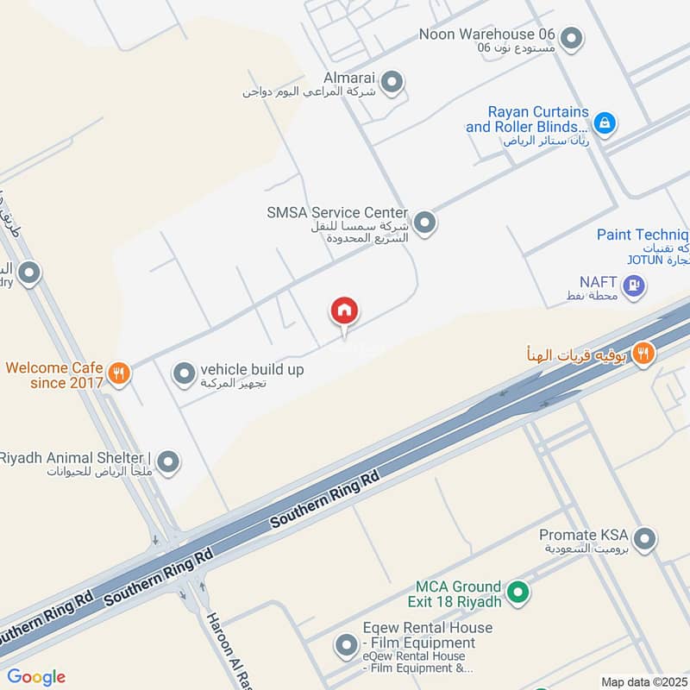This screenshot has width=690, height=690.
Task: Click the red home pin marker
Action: (x=344, y=311)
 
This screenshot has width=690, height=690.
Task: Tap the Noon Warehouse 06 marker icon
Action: (x=570, y=38)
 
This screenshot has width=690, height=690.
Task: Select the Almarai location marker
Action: (x=392, y=83)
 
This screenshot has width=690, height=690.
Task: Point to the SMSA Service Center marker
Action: (x=423, y=223)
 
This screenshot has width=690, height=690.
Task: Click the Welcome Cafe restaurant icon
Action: (x=119, y=373)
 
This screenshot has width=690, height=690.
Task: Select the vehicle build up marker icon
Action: (x=184, y=373)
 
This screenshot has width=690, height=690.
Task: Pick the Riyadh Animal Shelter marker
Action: (x=168, y=462)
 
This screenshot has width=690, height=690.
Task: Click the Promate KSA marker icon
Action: (x=644, y=540)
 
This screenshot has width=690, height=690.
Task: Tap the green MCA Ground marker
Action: (x=517, y=592)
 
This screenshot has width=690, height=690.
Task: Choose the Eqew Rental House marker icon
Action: (x=346, y=644)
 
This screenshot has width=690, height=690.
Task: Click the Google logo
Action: (x=36, y=677)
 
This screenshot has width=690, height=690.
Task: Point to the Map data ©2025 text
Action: (x=644, y=681)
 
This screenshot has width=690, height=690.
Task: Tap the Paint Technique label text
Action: (x=643, y=235)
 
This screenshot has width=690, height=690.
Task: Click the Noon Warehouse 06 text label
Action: (x=486, y=34)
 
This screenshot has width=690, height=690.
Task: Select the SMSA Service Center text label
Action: (x=337, y=212)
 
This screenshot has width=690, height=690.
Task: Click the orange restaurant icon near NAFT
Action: (x=643, y=353)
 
